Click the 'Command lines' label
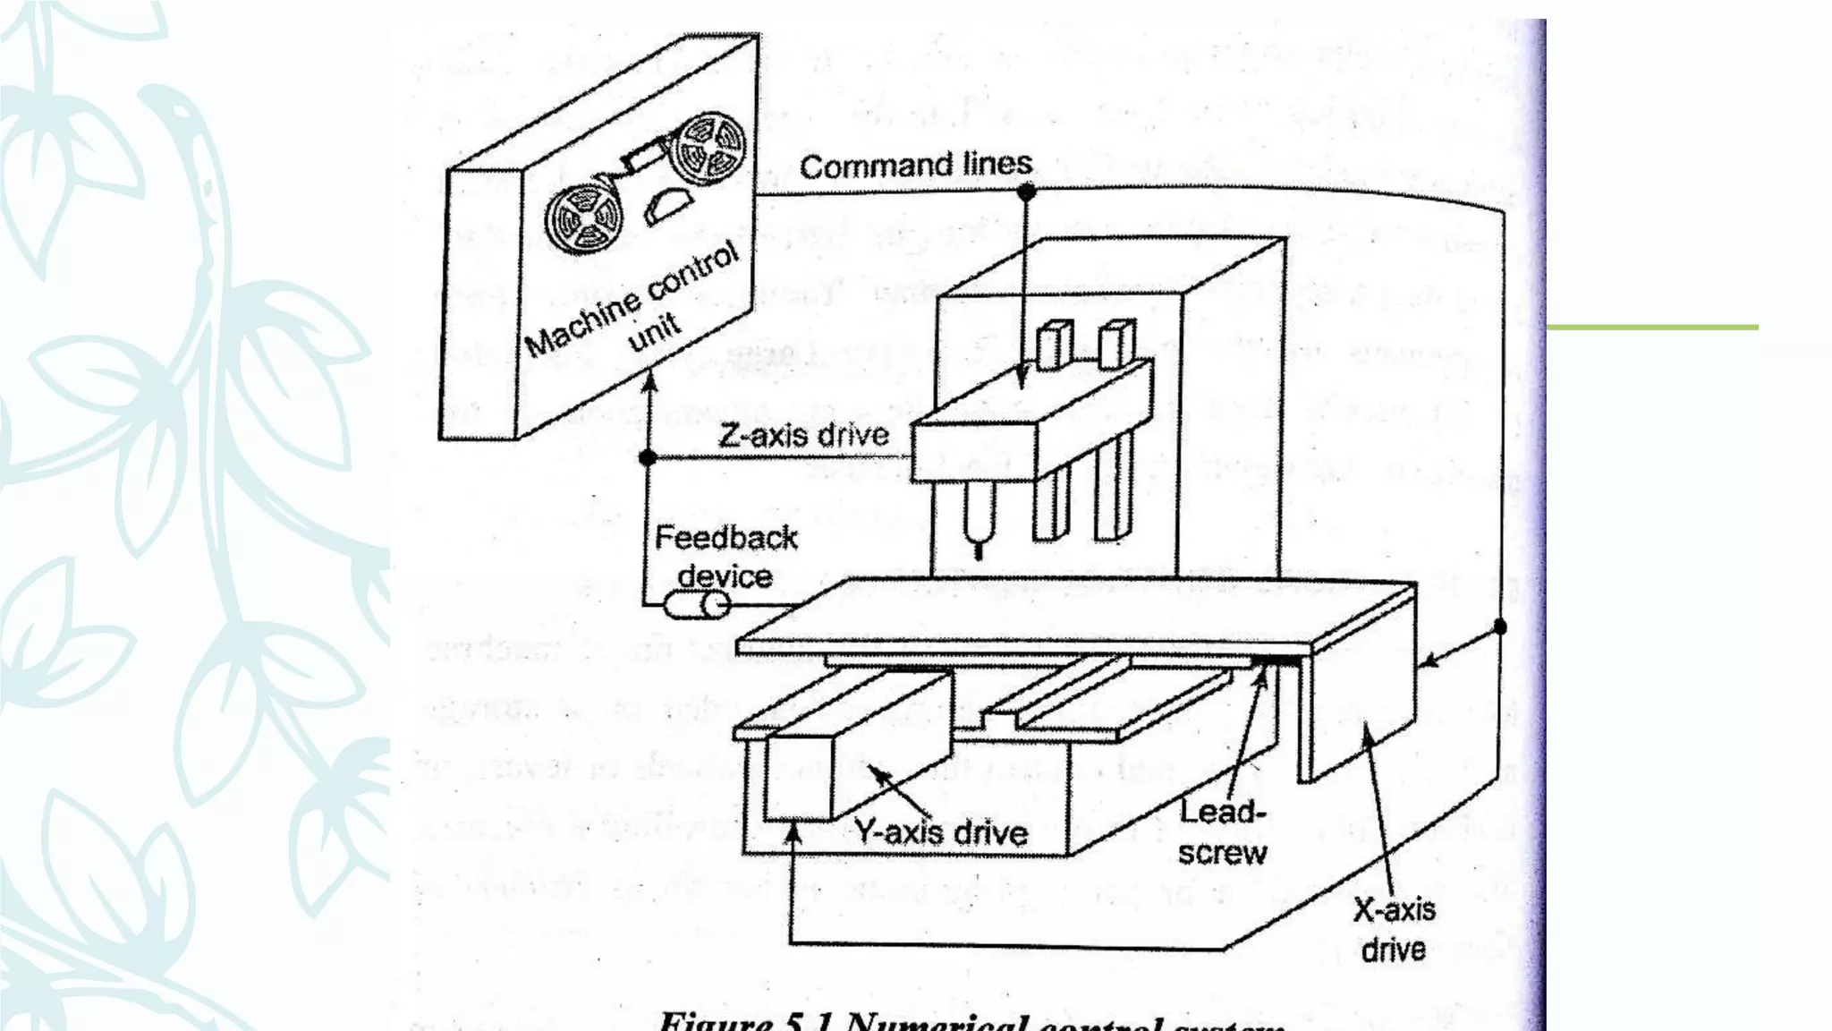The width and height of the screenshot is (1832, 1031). coord(915,166)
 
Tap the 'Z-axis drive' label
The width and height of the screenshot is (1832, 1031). coord(803,436)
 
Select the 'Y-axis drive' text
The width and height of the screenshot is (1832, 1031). coord(941,832)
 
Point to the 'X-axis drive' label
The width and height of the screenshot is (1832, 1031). coord(1394,929)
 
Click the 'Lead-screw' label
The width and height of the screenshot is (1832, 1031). coord(1222,832)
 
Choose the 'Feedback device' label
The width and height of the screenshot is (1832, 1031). coord(725,556)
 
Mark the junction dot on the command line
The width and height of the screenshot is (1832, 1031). coord(1027,191)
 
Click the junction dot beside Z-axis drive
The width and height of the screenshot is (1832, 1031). coord(649,457)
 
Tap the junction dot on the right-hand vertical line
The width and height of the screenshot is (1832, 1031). coord(1500,627)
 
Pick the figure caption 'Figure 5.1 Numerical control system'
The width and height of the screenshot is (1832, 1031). coord(972,1021)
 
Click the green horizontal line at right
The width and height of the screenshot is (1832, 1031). coord(1651,328)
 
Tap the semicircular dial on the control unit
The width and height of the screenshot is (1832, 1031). coord(666,205)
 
